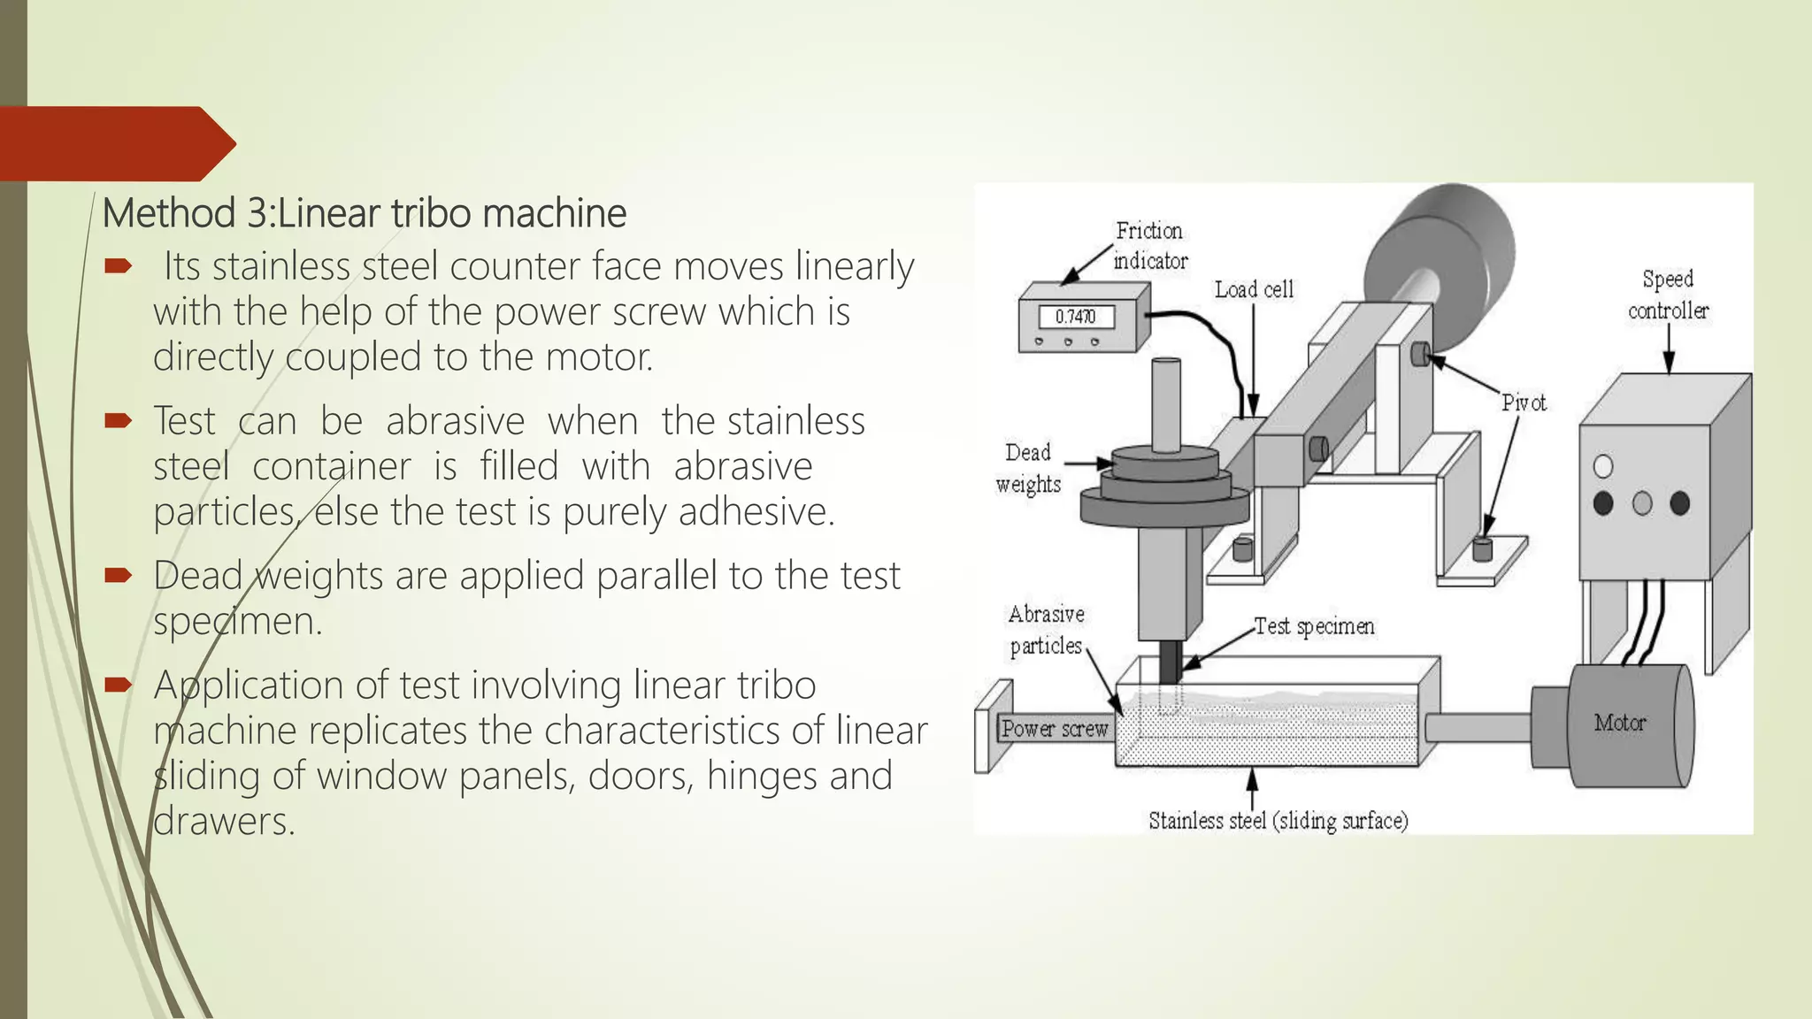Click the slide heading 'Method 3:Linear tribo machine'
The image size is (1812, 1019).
pos(364,213)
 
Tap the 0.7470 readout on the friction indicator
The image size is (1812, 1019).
pos(1075,317)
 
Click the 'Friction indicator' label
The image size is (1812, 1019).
pos(1149,246)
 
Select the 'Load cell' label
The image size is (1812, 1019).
pos(1254,290)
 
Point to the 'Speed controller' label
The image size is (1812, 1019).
pos(1668,295)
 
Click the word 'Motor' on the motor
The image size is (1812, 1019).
pos(1620,723)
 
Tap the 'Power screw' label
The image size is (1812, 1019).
pos(1054,729)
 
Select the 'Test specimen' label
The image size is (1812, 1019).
pos(1314,626)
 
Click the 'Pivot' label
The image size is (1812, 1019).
pos(1524,403)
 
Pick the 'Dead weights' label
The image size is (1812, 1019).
pos(1027,468)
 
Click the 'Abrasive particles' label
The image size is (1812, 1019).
pos(1046,630)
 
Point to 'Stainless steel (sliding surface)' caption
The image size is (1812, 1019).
pos(1278,821)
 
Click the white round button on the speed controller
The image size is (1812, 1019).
pos(1602,466)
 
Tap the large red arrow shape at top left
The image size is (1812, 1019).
pos(115,143)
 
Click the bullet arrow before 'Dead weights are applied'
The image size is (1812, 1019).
pos(118,576)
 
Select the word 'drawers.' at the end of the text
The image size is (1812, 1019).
pos(224,822)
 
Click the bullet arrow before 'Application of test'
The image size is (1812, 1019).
pos(118,685)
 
